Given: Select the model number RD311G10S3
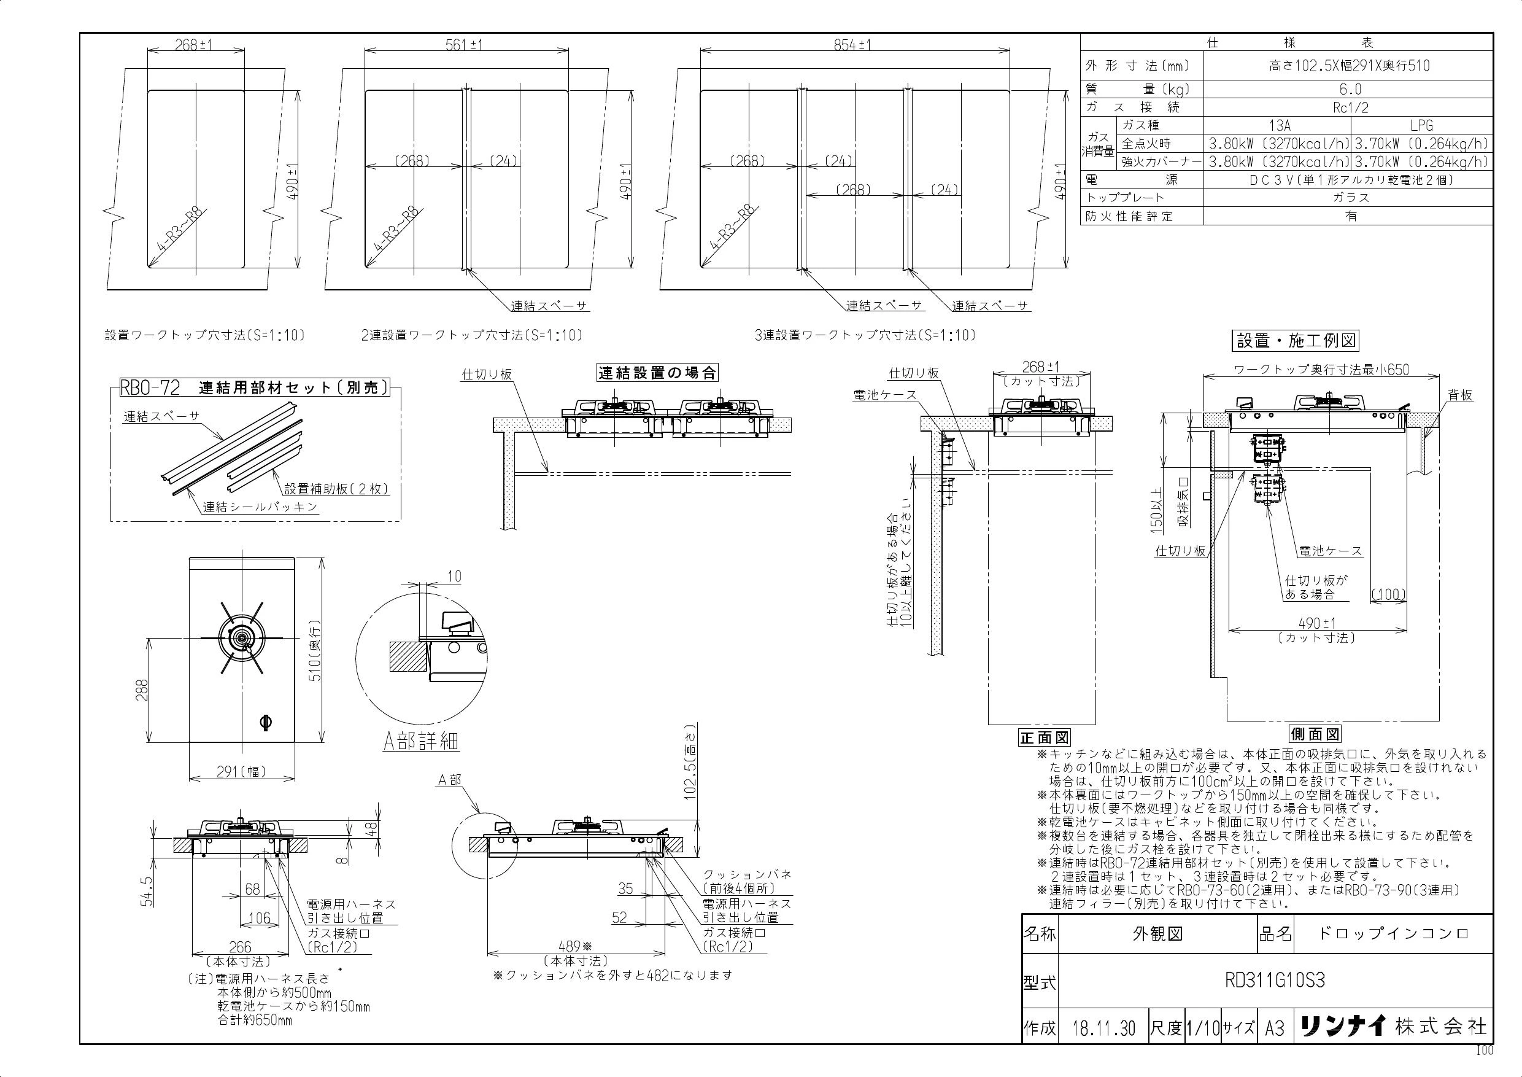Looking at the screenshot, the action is point(1275,981).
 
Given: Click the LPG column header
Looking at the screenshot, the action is point(1421,125).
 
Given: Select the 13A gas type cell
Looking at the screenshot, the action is point(1277,125).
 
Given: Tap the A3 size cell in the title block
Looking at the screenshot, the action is point(1275,1028).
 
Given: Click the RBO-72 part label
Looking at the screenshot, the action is point(150,387).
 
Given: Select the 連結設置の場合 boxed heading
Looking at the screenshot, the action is point(657,373).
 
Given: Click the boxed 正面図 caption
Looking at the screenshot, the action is point(1044,737).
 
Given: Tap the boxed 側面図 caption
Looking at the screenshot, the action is point(1315,734).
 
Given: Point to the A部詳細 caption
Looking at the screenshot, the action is point(421,741).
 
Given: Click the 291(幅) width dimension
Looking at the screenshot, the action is point(242,771).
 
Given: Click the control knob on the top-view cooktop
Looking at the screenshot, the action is point(266,721).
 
